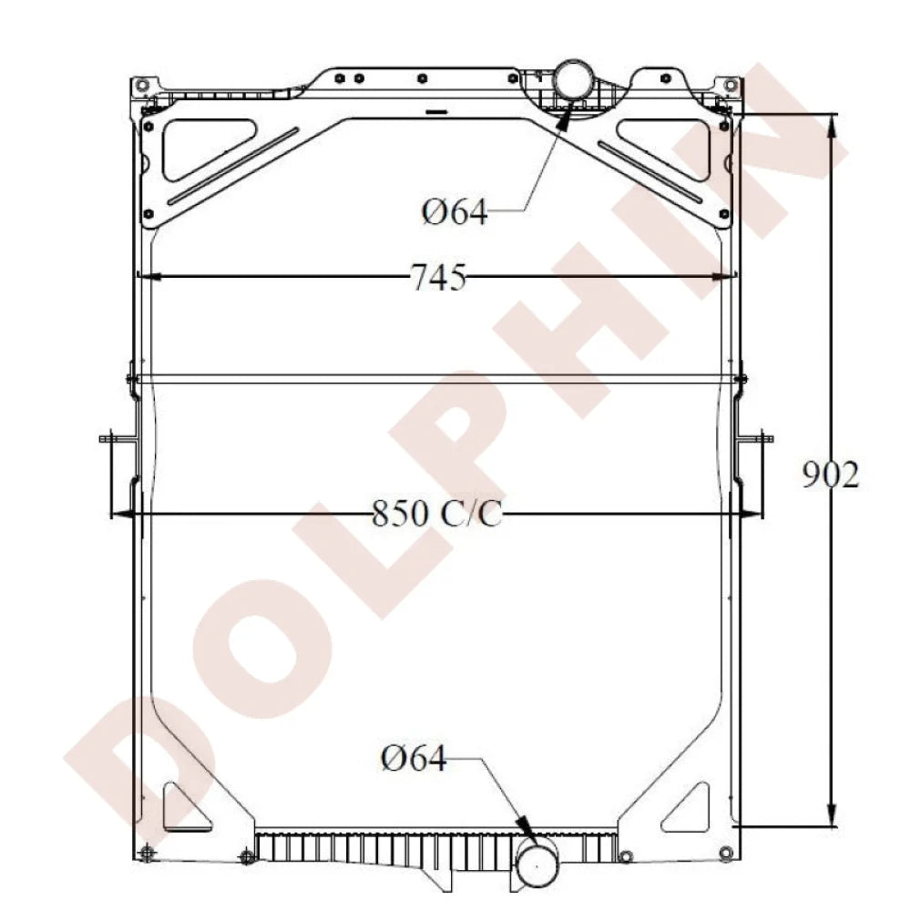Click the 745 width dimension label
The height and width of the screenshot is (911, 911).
tap(439, 277)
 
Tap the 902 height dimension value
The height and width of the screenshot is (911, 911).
tap(830, 475)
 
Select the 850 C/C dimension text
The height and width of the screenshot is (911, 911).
tap(436, 514)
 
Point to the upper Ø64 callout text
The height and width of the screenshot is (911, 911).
tap(455, 211)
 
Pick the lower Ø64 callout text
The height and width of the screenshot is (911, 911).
tap(414, 758)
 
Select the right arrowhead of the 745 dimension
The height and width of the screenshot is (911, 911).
tap(725, 277)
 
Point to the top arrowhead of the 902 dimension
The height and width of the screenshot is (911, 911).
tap(832, 125)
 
